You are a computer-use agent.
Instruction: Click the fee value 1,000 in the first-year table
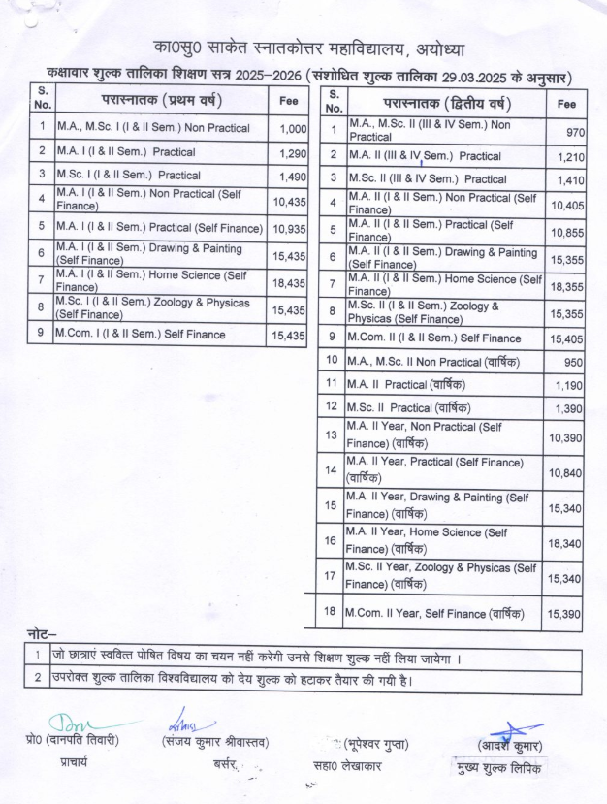click(292, 129)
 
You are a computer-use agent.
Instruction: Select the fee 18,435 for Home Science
click(289, 281)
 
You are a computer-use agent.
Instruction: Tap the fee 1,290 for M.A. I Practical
click(292, 153)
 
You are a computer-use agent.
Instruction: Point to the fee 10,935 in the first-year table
click(289, 229)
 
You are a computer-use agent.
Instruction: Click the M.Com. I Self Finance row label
click(141, 335)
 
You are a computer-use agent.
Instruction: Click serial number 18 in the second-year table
click(332, 613)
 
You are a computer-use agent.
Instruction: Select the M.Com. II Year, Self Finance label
click(435, 613)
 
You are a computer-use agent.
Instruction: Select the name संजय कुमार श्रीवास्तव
click(215, 744)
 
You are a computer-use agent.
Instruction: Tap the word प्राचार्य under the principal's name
click(72, 763)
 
